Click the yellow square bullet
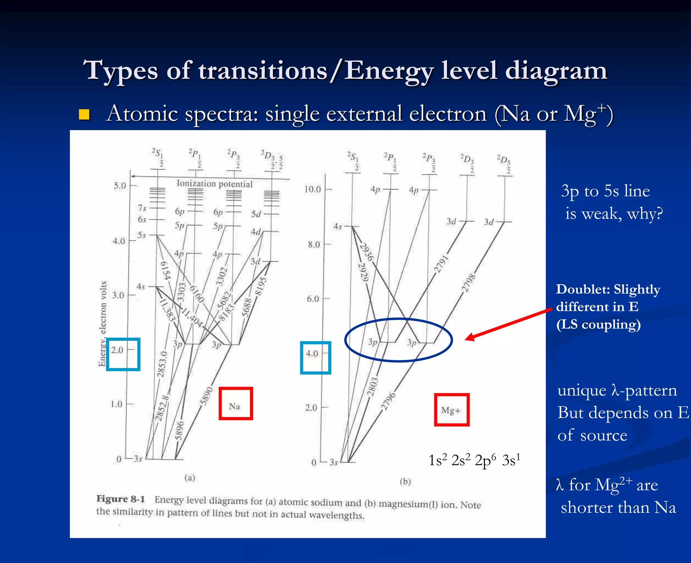84,115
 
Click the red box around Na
236,403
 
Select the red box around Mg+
451,410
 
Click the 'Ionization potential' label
214,184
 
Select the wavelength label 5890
206,395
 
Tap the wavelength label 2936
366,252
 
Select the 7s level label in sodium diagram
142,208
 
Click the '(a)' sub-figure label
190,477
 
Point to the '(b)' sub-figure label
405,481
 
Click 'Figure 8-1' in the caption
120,499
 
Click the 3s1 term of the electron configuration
511,460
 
